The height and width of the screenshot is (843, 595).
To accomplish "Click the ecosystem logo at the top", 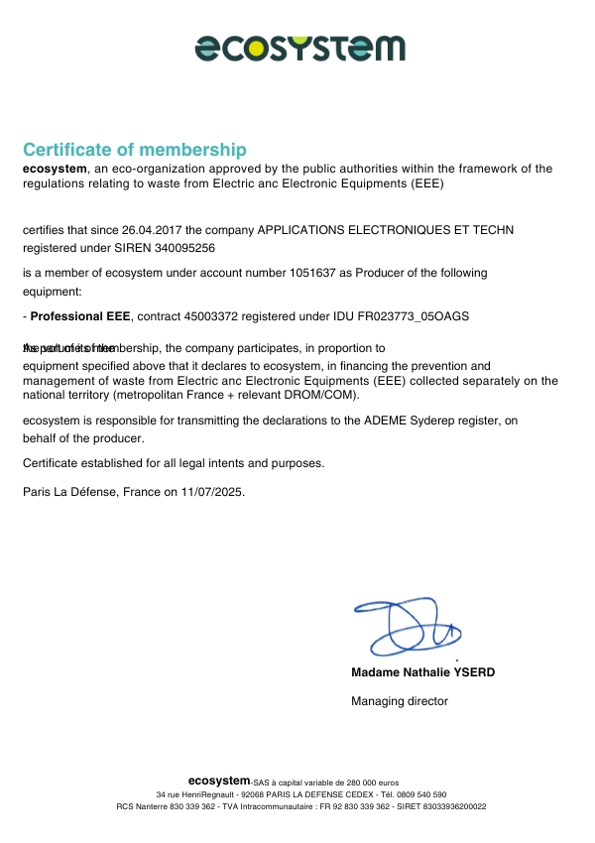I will (299, 47).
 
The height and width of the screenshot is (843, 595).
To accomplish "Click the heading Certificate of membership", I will (134, 150).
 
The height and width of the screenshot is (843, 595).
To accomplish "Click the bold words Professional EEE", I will (81, 316).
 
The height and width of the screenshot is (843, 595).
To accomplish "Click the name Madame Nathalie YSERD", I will (422, 672).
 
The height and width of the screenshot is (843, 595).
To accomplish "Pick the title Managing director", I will (400, 701).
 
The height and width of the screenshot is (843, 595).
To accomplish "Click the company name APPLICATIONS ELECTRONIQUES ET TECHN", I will (386, 230).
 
